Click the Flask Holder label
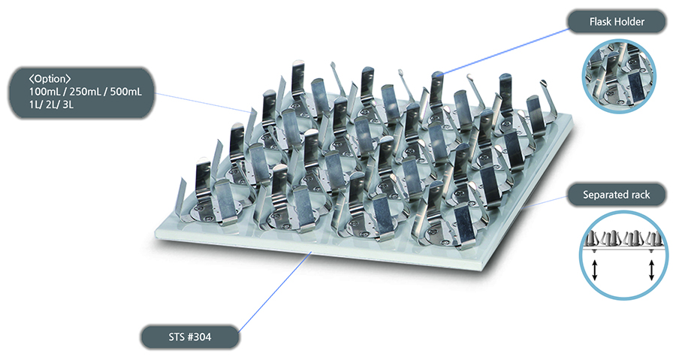tap(617, 22)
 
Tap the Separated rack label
tap(616, 195)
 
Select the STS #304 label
tap(190, 337)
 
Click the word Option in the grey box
tap(50, 79)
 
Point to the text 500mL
tap(125, 92)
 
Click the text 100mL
tap(44, 92)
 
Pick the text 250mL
tap(84, 92)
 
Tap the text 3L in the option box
tap(68, 104)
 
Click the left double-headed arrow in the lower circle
tap(595, 271)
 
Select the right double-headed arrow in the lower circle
tap(651, 271)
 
